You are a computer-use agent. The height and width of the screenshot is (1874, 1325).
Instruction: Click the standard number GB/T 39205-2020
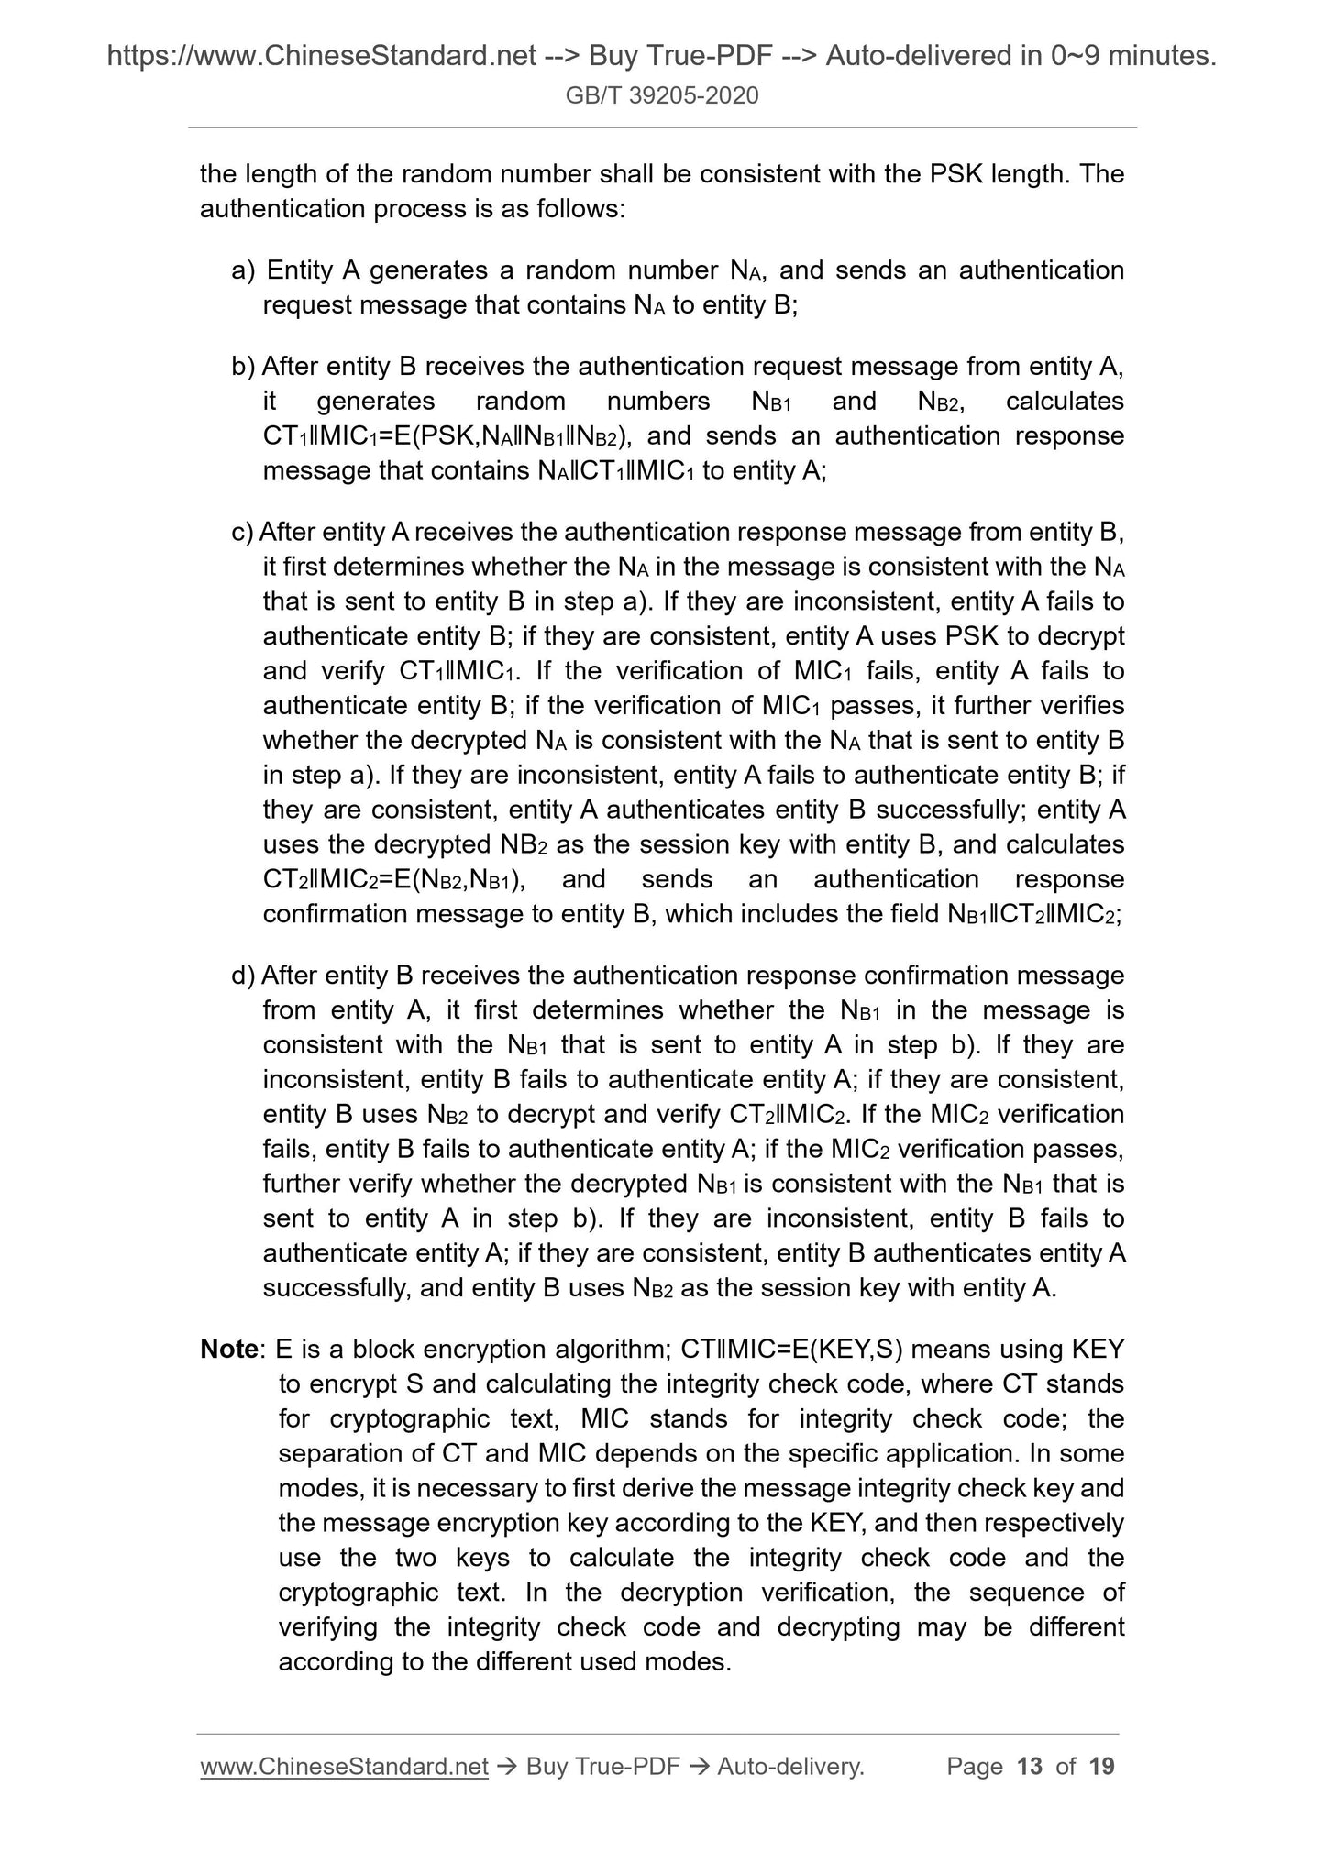(x=662, y=95)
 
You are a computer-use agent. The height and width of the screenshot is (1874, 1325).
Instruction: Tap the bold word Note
(x=229, y=1350)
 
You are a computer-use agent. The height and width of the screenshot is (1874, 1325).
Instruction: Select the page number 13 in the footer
(x=1030, y=1766)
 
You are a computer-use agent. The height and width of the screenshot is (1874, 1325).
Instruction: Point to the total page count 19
(x=1101, y=1766)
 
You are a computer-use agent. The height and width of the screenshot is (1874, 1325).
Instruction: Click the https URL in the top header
(x=321, y=57)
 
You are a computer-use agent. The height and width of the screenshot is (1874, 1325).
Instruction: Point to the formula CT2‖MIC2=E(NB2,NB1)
(x=392, y=880)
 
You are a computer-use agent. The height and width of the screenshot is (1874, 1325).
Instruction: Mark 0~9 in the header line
(x=1064, y=57)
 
